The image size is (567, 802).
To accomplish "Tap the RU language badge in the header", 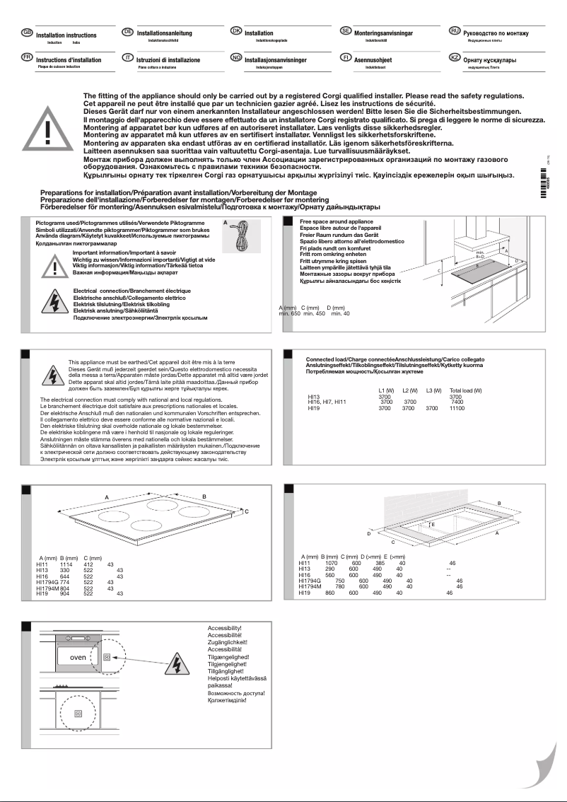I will [455, 33].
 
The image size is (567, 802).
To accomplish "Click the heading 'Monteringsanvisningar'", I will [383, 33].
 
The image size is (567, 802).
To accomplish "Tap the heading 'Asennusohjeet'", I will [373, 60].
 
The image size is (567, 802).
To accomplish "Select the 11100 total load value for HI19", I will [457, 408].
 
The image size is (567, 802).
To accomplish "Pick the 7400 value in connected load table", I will [457, 402].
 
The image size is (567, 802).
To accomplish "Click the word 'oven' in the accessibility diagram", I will [77, 657].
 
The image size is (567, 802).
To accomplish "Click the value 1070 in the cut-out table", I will [331, 563].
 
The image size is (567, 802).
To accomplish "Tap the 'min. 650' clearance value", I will [290, 313].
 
